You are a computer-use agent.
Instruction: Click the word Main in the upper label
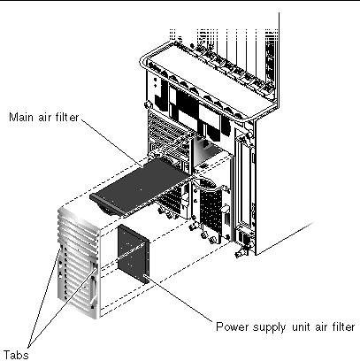pyautogui.click(x=21, y=117)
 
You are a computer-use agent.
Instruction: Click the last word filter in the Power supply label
pyautogui.click(x=342, y=326)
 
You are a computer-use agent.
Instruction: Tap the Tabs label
pyautogui.click(x=16, y=354)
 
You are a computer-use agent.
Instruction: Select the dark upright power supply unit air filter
pyautogui.click(x=133, y=253)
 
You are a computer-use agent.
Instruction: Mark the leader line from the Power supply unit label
pyautogui.click(x=178, y=297)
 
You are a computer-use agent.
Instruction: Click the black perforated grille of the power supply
pyautogui.click(x=211, y=210)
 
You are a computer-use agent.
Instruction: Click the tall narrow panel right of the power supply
pyautogui.click(x=244, y=183)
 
